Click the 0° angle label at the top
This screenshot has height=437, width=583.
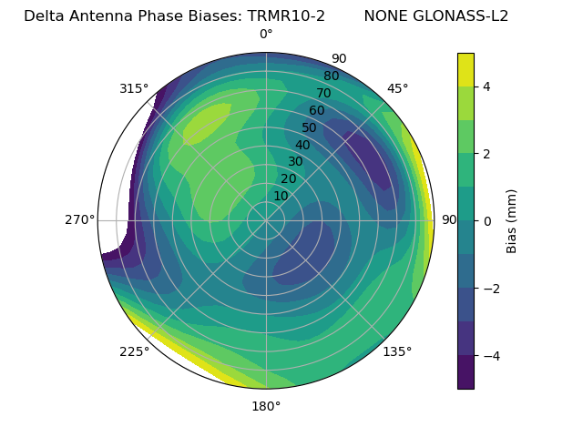pos(266,35)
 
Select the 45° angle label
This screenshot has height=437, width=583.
pos(397,88)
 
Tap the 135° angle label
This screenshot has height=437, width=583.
pos(397,351)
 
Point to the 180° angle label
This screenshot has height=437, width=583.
pos(266,406)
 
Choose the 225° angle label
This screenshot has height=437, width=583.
pos(134,351)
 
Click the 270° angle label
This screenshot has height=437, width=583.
pos(79,220)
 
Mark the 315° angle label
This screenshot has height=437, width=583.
pos(134,88)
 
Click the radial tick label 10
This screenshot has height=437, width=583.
pos(281,197)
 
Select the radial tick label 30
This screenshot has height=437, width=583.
pos(295,162)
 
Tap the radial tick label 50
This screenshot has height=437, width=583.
pos(310,127)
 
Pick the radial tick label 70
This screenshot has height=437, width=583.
pos(323,93)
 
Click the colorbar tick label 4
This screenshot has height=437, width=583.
pos(487,86)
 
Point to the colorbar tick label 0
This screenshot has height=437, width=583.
pos(487,220)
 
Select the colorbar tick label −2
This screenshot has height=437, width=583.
pos(491,289)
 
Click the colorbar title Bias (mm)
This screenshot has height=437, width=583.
pos(512,221)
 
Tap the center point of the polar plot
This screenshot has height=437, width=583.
pos(266,220)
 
